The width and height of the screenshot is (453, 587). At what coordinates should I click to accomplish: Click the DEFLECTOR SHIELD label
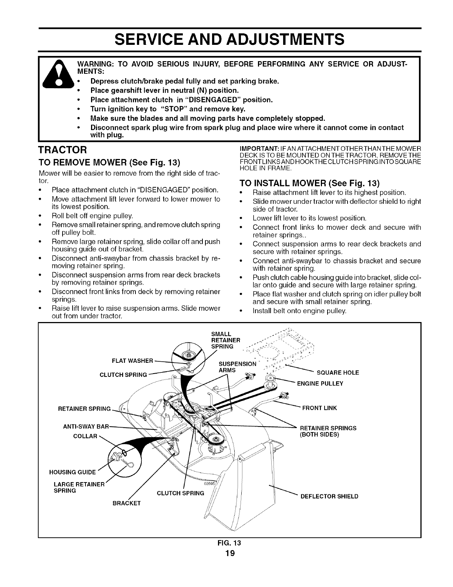pyautogui.click(x=329, y=496)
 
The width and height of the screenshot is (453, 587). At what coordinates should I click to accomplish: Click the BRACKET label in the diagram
pyautogui.click(x=126, y=503)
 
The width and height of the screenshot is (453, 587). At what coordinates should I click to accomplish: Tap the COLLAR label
pyautogui.click(x=85, y=436)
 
